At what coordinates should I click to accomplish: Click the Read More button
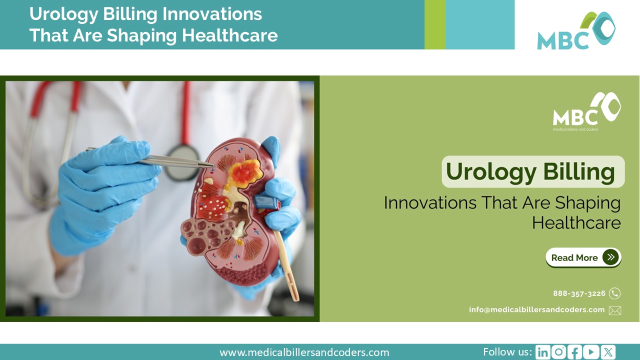coord(583,257)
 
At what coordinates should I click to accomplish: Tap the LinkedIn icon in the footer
coord(542,352)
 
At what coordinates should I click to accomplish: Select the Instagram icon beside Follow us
coord(558,352)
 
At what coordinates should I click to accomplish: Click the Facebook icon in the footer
coord(575,352)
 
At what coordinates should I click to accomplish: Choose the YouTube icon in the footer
coord(591,352)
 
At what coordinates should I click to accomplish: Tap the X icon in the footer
coord(608,352)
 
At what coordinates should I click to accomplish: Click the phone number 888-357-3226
coord(579,293)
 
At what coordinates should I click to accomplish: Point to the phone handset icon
coord(614,293)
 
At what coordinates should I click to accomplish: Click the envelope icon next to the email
coord(614,310)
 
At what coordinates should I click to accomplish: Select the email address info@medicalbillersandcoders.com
coord(536,310)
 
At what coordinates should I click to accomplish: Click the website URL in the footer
coord(304,352)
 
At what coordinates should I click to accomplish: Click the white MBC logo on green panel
coord(586,111)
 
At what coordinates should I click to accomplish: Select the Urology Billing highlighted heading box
coord(532,172)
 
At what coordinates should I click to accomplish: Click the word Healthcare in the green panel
coord(576,223)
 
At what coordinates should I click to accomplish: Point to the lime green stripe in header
coord(434,24)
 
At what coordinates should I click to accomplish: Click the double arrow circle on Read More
coord(610,257)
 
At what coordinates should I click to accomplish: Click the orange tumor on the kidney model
coord(244,173)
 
